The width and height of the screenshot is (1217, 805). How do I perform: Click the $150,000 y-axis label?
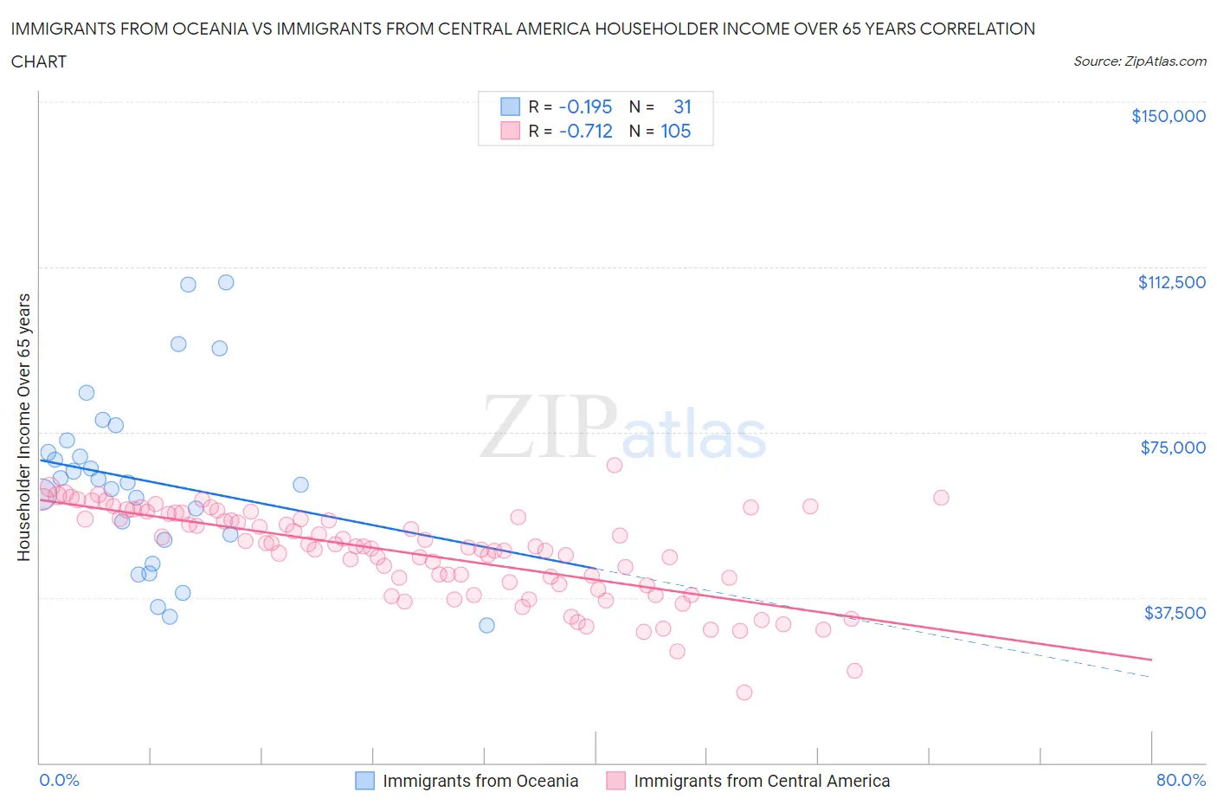click(x=1168, y=116)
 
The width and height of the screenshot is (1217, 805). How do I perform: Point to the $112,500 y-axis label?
click(x=1171, y=282)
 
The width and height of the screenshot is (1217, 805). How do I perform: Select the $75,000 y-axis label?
click(x=1173, y=448)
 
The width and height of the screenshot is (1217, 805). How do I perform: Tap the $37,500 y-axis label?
click(x=1175, y=613)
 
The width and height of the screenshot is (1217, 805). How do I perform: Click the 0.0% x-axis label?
click(x=59, y=780)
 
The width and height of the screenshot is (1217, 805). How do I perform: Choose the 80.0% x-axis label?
click(x=1181, y=780)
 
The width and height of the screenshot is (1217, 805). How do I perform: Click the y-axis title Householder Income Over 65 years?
click(x=24, y=427)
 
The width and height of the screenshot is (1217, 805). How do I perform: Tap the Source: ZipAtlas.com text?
click(x=1139, y=61)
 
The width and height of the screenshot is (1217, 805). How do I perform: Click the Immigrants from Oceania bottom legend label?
click(x=480, y=781)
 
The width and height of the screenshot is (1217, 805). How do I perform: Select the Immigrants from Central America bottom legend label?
click(x=762, y=781)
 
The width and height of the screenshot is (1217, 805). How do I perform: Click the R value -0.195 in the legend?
click(x=585, y=106)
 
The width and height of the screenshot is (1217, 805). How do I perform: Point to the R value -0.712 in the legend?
click(x=585, y=132)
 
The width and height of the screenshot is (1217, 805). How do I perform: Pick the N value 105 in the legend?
click(x=675, y=132)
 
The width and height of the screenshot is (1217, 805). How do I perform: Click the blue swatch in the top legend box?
click(x=510, y=106)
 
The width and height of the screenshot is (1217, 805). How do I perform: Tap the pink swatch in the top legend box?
click(x=510, y=132)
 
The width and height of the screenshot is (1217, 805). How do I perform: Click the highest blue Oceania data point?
click(x=226, y=282)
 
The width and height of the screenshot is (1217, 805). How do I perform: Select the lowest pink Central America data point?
click(x=744, y=692)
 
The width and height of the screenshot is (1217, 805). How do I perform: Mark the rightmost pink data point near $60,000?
click(x=941, y=498)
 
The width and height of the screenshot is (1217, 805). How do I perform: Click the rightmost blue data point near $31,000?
click(x=486, y=625)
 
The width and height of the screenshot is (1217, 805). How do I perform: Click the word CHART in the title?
click(x=39, y=61)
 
